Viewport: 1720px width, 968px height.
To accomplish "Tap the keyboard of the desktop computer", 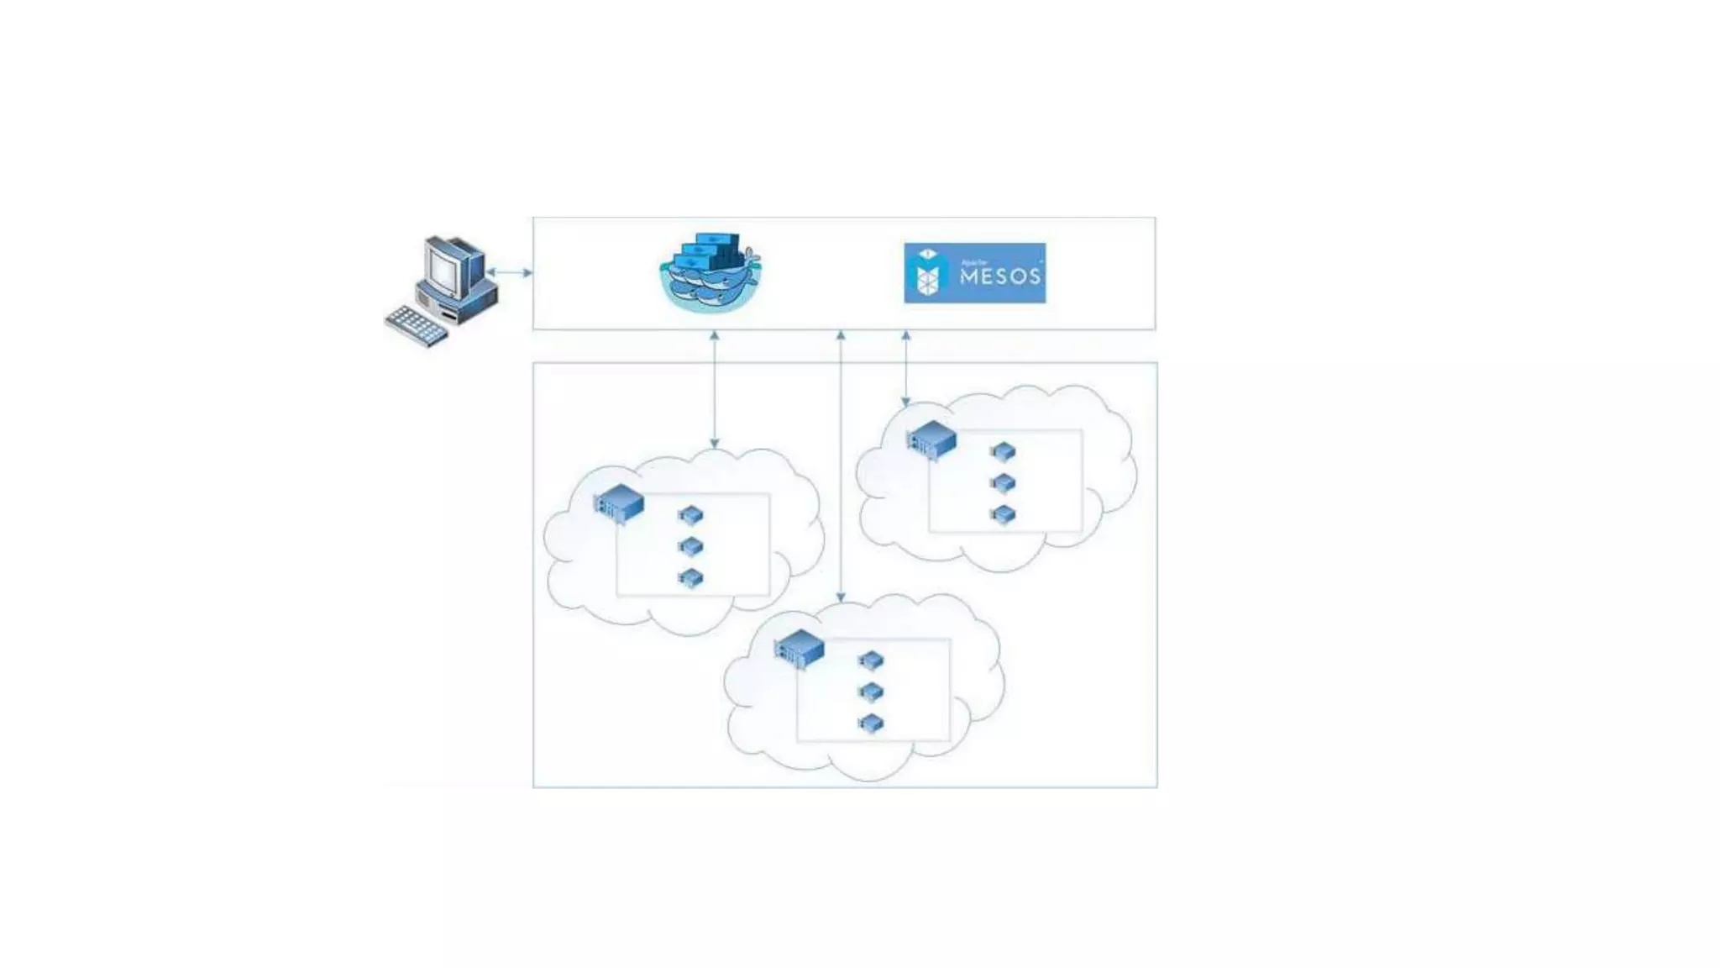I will [x=417, y=326].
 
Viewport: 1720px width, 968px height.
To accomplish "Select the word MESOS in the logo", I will [x=999, y=276].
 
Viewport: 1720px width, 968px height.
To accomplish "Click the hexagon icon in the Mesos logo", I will [x=927, y=274].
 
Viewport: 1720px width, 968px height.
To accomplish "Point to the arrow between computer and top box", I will [x=510, y=272].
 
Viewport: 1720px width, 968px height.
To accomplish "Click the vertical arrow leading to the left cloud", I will [x=715, y=389].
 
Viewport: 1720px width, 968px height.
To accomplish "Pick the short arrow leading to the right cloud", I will [x=905, y=369].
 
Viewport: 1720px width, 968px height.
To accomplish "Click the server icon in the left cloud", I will [x=619, y=503].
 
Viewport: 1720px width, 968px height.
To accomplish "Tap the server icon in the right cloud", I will [x=932, y=439].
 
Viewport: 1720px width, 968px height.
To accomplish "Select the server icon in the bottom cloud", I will [x=800, y=649].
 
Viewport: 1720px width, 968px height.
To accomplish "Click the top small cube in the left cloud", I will [x=690, y=514].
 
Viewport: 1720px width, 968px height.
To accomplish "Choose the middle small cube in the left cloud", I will [x=690, y=547].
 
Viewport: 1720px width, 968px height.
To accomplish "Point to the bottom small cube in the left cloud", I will [x=690, y=578].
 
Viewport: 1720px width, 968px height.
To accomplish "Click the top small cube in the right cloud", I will [x=1003, y=451].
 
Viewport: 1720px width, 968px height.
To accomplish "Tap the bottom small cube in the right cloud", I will [x=1003, y=514].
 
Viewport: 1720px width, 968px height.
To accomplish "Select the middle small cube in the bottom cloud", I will [x=871, y=692].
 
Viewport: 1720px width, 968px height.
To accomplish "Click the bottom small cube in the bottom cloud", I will [x=871, y=723].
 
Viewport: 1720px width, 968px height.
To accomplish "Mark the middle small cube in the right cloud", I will [x=1003, y=482].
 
